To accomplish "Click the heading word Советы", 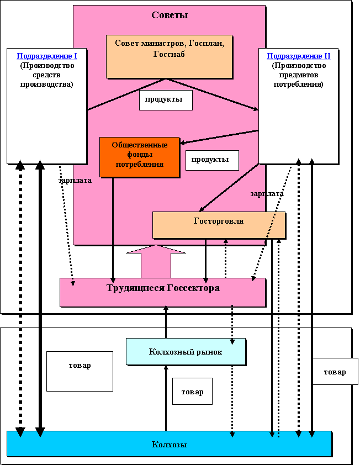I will pyautogui.click(x=170, y=15).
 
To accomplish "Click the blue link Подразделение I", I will pyautogui.click(x=47, y=56).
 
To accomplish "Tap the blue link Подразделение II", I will pyautogui.click(x=299, y=56).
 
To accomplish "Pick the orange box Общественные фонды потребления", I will pyautogui.click(x=140, y=156).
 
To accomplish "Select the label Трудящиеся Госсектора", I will pyautogui.click(x=162, y=288).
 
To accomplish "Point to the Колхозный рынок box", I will pyautogui.click(x=186, y=352).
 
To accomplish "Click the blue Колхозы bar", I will pyautogui.click(x=169, y=444).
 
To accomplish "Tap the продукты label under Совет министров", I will pyautogui.click(x=166, y=99).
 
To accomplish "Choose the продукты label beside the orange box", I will pyautogui.click(x=212, y=160).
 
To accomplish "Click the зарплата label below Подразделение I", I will pyautogui.click(x=75, y=180).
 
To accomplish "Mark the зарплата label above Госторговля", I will pyautogui.click(x=267, y=194).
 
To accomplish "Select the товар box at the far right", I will pyautogui.click(x=335, y=372).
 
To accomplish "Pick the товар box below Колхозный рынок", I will pyautogui.click(x=192, y=392).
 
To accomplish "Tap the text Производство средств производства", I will pyautogui.click(x=47, y=75).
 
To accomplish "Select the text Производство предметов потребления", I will pyautogui.click(x=299, y=75).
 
